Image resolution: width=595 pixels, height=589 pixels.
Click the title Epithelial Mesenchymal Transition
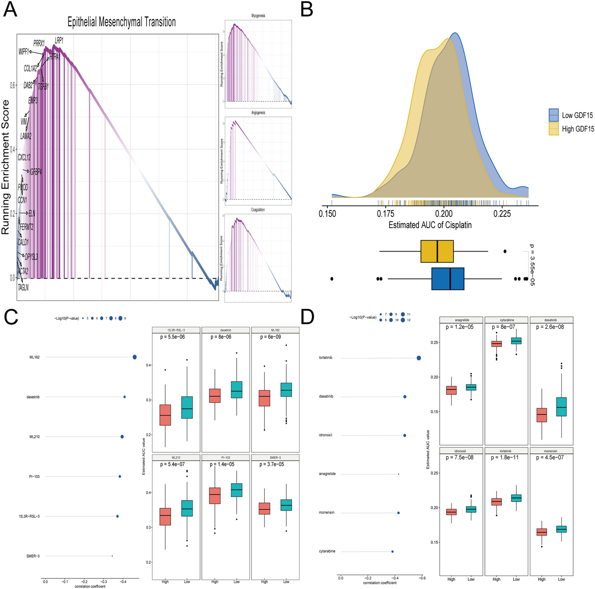[x=122, y=22]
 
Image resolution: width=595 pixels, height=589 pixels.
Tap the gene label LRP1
[x=59, y=40]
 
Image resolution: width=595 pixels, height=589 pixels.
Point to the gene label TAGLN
[x=23, y=287]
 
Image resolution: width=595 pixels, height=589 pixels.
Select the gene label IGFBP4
[x=35, y=172]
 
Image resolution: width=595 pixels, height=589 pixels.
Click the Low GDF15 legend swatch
[x=554, y=115]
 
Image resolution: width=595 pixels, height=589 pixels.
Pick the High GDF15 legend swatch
[x=554, y=129]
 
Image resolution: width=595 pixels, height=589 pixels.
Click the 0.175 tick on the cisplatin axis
[x=385, y=214]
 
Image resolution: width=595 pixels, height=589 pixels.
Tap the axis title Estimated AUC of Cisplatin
[x=430, y=225]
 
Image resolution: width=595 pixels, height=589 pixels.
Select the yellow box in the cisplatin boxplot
[x=437, y=251]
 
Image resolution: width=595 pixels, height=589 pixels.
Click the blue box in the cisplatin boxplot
[x=448, y=279]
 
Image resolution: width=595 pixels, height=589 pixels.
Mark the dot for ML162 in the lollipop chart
[x=135, y=357]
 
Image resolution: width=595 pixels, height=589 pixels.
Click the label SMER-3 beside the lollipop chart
[x=33, y=556]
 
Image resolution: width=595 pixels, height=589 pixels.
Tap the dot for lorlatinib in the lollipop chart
[x=419, y=358]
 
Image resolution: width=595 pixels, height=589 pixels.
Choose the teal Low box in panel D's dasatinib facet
[x=561, y=407]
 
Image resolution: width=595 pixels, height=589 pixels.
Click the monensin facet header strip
[x=552, y=451]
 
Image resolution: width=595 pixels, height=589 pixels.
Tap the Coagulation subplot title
[x=258, y=210]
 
